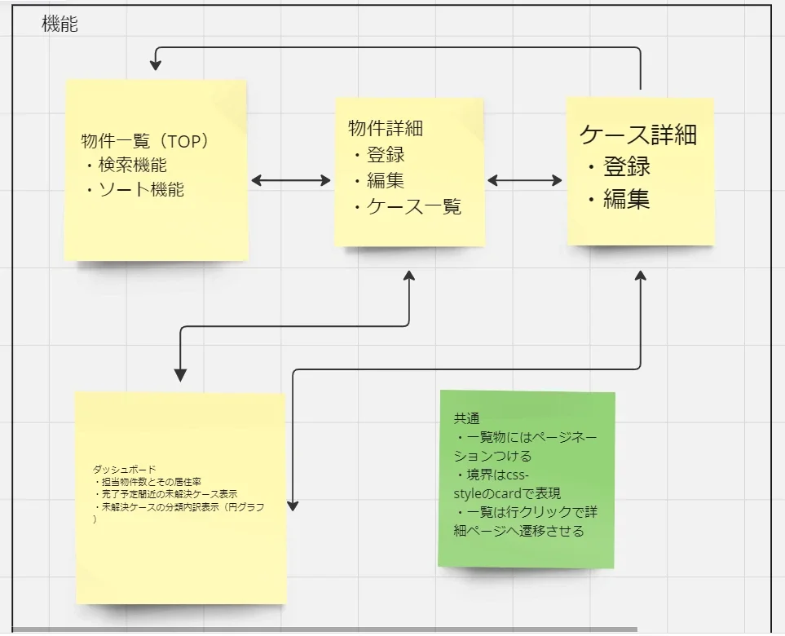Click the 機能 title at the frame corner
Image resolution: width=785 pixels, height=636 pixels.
(60, 24)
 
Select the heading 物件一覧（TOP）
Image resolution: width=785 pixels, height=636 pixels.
(146, 141)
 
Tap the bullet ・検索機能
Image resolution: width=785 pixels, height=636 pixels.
(126, 165)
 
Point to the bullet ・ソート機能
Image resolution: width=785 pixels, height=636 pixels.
(135, 189)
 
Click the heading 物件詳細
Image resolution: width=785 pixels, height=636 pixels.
(386, 128)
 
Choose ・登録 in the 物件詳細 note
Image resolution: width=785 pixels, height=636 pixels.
(380, 154)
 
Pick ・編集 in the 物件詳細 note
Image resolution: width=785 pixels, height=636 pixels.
(380, 180)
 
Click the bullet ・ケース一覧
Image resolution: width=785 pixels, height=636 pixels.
(408, 207)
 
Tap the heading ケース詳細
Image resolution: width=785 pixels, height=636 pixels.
(638, 135)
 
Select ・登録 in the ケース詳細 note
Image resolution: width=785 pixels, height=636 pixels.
(619, 166)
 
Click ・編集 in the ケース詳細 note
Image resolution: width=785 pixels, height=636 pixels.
(619, 199)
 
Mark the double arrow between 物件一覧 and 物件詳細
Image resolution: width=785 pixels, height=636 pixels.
(291, 180)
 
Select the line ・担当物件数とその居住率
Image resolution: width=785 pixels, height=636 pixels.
(148, 482)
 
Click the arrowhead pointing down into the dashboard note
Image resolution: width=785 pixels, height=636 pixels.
(180, 374)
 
